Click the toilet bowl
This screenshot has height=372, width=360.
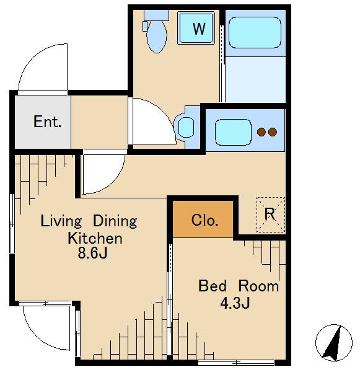157,37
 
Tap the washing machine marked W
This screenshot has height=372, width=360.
196,28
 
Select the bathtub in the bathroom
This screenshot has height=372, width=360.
255,32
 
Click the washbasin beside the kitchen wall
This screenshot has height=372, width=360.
186,127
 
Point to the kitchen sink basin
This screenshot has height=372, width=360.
233,132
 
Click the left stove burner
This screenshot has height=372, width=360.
261,132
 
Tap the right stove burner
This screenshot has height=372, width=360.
273,132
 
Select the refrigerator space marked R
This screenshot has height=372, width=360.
271,215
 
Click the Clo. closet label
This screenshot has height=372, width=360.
204,220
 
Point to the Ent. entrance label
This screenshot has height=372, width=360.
48,122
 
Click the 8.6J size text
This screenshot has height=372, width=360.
93,253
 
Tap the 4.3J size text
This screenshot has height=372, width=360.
235,303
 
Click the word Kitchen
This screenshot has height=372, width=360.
95,238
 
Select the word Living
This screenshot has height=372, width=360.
61,221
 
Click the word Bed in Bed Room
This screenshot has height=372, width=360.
213,286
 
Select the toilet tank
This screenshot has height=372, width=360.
156,15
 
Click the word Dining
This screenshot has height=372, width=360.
115,221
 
